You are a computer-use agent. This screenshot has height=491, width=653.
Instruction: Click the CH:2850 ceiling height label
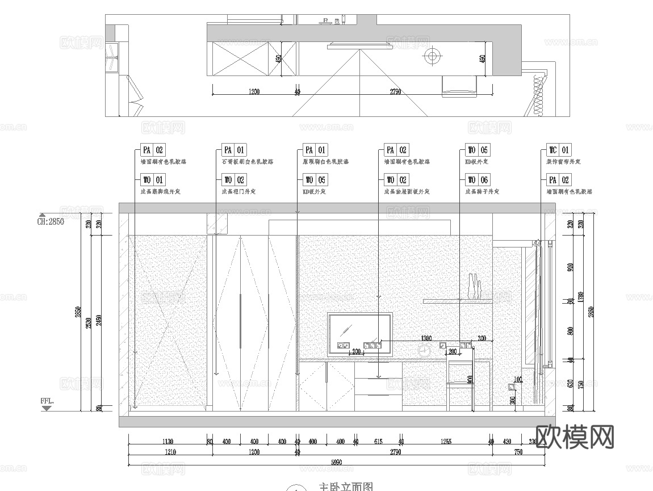(x=51, y=222)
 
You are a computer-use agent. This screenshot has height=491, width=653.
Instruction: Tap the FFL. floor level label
(x=47, y=401)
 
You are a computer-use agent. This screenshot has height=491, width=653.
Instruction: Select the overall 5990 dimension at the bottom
(x=338, y=463)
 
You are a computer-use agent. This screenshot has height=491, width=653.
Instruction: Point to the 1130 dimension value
(x=168, y=442)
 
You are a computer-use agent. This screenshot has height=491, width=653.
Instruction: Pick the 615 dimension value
(x=378, y=442)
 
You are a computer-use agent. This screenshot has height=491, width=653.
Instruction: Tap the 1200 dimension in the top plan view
(x=254, y=91)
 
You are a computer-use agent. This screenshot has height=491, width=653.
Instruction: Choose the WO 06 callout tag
(x=478, y=181)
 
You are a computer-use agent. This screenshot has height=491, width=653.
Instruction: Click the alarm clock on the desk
(x=424, y=351)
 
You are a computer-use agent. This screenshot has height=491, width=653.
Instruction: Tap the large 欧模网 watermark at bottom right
(x=575, y=437)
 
